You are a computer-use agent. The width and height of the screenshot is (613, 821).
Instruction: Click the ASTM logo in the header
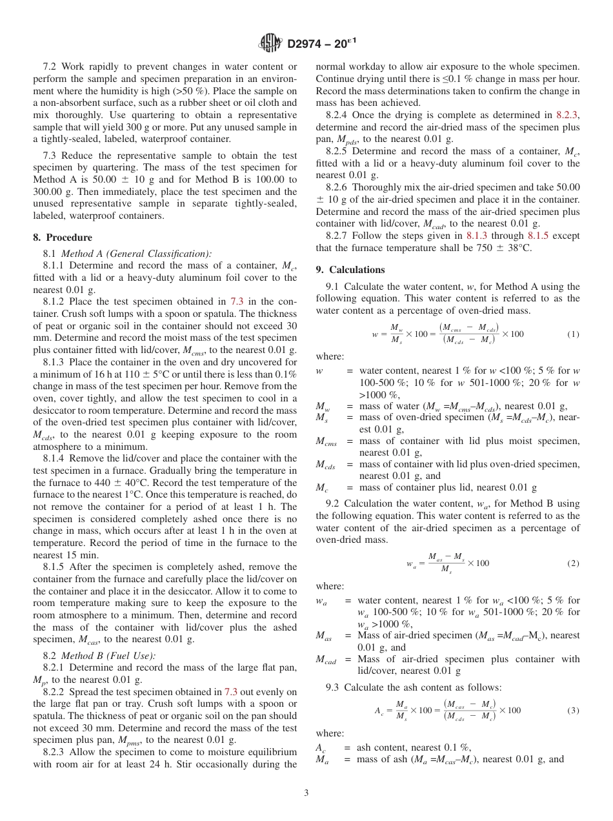tap(270, 43)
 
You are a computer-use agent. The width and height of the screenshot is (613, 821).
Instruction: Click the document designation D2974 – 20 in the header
tap(320, 44)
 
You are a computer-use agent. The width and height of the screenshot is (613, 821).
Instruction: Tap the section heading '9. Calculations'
tap(350, 270)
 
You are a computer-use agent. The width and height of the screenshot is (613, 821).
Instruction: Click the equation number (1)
tap(573, 334)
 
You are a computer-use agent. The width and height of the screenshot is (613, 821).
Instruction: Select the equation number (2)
tap(573, 563)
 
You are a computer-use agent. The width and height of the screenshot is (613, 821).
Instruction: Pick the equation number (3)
tap(573, 711)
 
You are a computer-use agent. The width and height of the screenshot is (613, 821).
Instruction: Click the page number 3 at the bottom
tap(306, 793)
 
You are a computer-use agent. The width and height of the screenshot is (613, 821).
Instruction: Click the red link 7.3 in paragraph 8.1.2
tap(237, 302)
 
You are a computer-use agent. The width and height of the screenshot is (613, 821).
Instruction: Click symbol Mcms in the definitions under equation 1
tap(328, 441)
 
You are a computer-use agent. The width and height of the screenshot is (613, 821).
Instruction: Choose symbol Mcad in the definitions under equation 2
tap(328, 660)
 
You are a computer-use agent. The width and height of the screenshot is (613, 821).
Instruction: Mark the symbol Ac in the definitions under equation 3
tap(321, 747)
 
